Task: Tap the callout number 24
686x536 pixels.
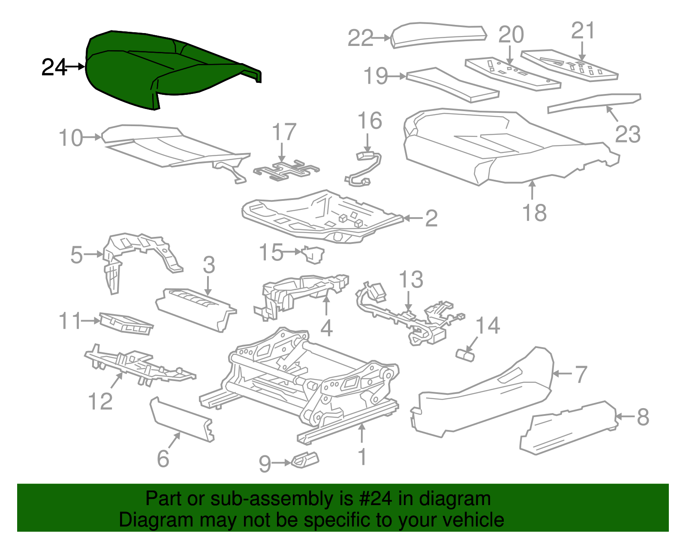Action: pyautogui.click(x=54, y=67)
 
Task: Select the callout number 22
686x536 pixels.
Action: pyautogui.click(x=361, y=38)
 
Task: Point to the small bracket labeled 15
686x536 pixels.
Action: pyautogui.click(x=313, y=254)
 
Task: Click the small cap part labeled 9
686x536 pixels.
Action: pyautogui.click(x=305, y=460)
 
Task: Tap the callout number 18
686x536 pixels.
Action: pyautogui.click(x=535, y=212)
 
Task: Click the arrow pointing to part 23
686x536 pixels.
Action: pyautogui.click(x=612, y=114)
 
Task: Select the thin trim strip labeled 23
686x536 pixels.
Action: pyautogui.click(x=594, y=103)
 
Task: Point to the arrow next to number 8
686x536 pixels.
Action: pyautogui.click(x=624, y=417)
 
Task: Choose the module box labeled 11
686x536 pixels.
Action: pyautogui.click(x=126, y=324)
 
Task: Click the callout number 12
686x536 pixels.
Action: pyautogui.click(x=100, y=401)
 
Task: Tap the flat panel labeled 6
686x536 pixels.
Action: pyautogui.click(x=182, y=419)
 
